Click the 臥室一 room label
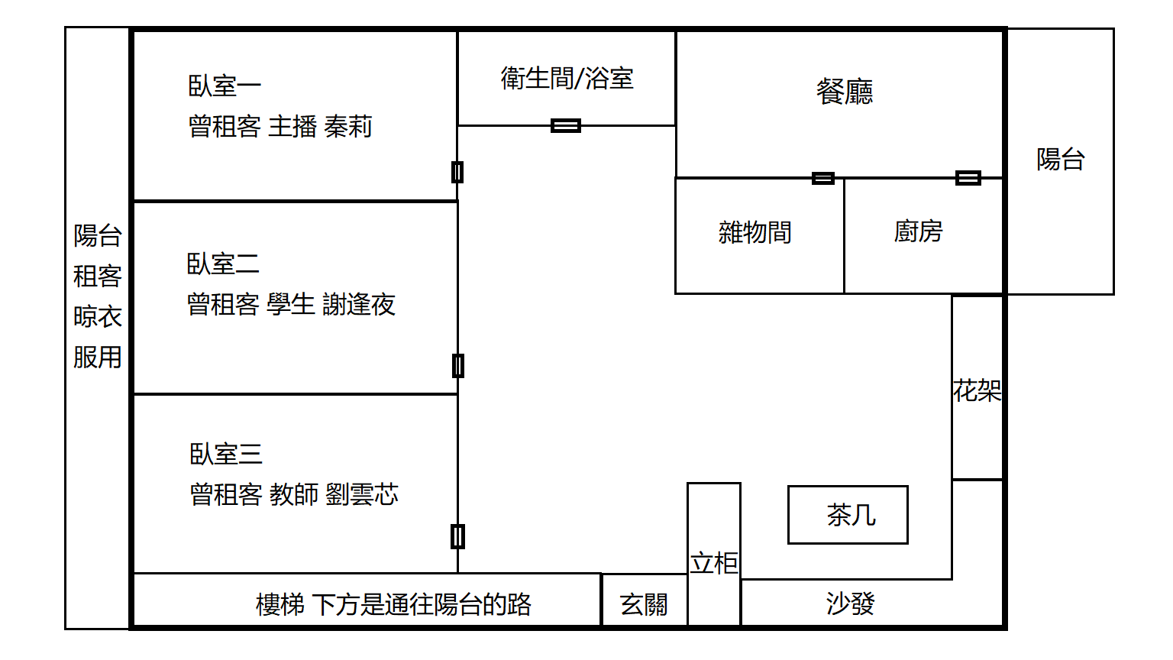pyautogui.click(x=225, y=86)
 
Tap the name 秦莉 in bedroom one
pyautogui.click(x=348, y=127)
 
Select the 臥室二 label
pyautogui.click(x=223, y=264)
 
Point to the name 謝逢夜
pyautogui.click(x=359, y=305)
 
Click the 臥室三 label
pyautogui.click(x=226, y=455)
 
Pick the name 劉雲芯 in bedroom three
pyautogui.click(x=362, y=495)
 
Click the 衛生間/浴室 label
pyautogui.click(x=567, y=79)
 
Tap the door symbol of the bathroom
pyautogui.click(x=566, y=125)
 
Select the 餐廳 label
pyautogui.click(x=845, y=92)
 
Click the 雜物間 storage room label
pyautogui.click(x=755, y=232)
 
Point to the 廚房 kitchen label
pyautogui.click(x=919, y=231)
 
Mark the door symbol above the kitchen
pyautogui.click(x=968, y=178)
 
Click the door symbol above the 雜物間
pyautogui.click(x=822, y=178)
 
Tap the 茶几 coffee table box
pyautogui.click(x=848, y=515)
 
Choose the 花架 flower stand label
pyautogui.click(x=977, y=391)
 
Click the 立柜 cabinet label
pyautogui.click(x=714, y=564)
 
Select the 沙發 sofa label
pyautogui.click(x=850, y=604)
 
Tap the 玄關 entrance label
pyautogui.click(x=644, y=605)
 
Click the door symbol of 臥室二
pyautogui.click(x=457, y=366)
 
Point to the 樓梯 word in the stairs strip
pyautogui.click(x=280, y=605)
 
